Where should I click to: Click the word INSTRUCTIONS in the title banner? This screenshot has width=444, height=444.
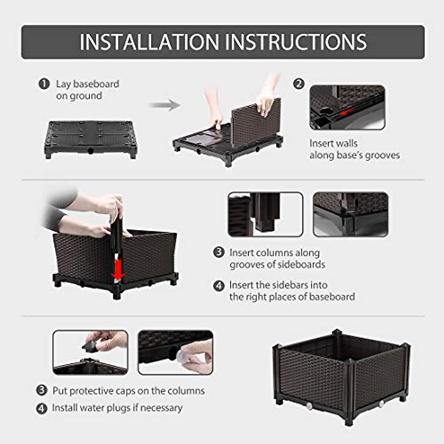pos(296,42)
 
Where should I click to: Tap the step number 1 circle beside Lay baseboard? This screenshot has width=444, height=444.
pos(44,84)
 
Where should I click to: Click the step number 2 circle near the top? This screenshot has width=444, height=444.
pos(299,84)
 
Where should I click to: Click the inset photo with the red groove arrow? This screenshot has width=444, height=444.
pos(347,107)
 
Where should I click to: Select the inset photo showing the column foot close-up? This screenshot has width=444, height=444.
pos(265,214)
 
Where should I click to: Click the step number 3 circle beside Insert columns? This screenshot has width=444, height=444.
pos(219,253)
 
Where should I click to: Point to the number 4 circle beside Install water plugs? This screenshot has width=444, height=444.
pos(42,408)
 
